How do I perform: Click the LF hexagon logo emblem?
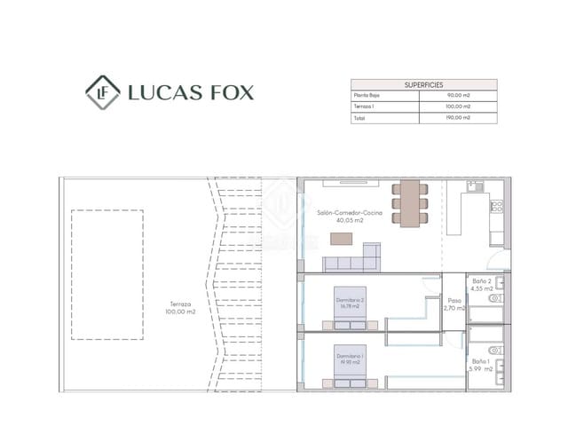pos(103,91)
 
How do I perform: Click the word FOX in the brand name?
pos(227,92)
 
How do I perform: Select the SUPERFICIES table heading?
pos(424,83)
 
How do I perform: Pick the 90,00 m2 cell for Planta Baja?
pos(458,94)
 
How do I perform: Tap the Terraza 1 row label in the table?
pos(365,106)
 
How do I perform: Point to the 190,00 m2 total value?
pos(458,117)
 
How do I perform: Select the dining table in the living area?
pos(409,201)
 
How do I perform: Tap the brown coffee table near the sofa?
pos(342,238)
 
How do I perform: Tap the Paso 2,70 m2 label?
pos(454,304)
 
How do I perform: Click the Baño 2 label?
pos(482,280)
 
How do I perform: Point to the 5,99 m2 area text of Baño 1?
pos(482,369)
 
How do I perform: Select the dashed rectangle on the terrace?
pos(107,274)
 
